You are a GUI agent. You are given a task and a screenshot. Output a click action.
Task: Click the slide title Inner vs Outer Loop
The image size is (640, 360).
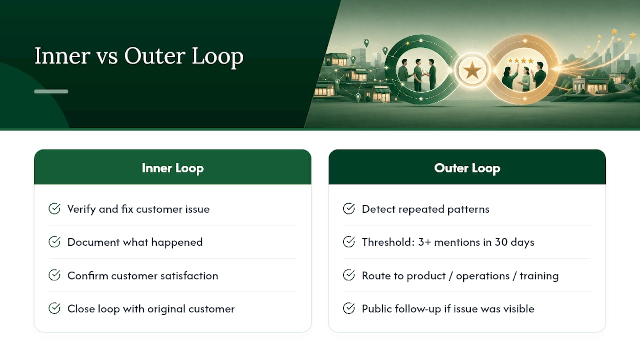click(139, 56)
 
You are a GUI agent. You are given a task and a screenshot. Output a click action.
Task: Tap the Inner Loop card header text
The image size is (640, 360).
click(173, 168)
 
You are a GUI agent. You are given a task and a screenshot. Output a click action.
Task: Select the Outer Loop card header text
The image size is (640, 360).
click(467, 168)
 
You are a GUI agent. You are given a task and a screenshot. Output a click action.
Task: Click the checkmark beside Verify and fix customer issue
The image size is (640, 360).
click(54, 209)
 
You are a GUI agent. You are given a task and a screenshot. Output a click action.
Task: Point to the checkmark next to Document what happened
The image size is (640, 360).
click(54, 242)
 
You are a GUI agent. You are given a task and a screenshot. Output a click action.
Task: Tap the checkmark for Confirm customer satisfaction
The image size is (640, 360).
click(54, 275)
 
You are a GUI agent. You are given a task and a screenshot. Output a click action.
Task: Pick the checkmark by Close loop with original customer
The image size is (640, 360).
click(54, 308)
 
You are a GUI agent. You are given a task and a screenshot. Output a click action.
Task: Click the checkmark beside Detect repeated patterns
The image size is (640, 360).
click(349, 209)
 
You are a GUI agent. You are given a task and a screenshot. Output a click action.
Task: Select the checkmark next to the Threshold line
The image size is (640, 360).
click(349, 242)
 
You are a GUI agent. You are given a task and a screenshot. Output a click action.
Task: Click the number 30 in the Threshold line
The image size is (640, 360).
click(501, 242)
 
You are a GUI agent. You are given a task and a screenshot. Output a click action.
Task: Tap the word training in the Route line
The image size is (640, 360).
click(539, 276)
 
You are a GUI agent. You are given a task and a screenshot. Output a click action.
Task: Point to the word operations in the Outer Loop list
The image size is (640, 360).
click(483, 276)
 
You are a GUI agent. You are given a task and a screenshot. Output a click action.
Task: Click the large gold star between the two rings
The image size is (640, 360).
click(472, 70)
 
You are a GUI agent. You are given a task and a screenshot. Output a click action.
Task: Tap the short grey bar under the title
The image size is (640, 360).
click(51, 91)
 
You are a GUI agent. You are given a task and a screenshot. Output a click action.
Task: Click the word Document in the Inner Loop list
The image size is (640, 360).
click(94, 242)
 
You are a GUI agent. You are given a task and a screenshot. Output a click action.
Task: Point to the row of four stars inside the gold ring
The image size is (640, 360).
click(521, 61)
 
